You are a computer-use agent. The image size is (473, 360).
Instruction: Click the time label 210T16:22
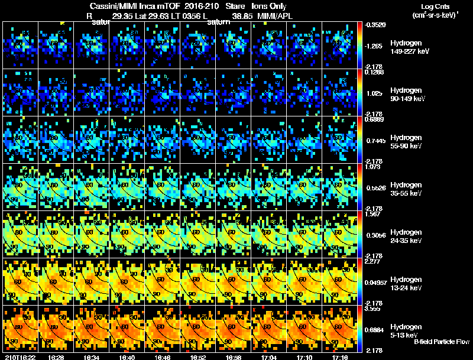click(x=20, y=357)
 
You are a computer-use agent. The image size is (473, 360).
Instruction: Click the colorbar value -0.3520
click(x=377, y=25)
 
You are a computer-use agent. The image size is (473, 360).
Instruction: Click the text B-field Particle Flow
click(x=442, y=342)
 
